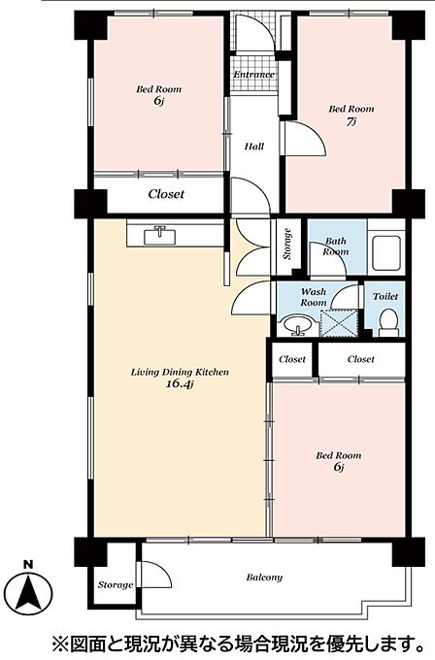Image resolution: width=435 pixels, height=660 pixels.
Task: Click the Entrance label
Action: click(254, 75)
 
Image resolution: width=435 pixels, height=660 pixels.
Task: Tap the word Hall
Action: click(254, 147)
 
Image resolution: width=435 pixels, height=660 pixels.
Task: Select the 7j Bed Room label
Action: click(351, 115)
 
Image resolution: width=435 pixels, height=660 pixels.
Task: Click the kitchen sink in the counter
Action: click(159, 236)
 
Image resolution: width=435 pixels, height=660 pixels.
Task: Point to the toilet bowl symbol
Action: click(388, 323)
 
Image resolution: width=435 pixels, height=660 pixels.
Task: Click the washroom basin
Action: click(299, 325)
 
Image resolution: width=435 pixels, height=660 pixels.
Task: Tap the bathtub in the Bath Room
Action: click(385, 253)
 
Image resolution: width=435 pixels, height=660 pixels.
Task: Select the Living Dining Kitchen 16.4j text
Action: click(180, 378)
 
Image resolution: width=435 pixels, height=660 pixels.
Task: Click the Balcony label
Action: click(264, 577)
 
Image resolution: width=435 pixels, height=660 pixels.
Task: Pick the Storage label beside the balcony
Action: click(116, 584)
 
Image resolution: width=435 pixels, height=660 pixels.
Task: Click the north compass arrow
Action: click(28, 593)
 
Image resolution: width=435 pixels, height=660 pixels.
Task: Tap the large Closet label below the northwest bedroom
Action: click(166, 194)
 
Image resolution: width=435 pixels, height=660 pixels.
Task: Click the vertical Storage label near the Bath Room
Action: click(287, 244)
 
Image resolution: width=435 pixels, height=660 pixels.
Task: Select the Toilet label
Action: click(385, 296)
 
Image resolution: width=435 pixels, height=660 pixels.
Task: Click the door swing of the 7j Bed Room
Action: click(305, 139)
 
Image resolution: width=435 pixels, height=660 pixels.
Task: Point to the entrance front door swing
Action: click(254, 33)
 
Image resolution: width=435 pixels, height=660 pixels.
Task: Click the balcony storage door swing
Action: click(155, 575)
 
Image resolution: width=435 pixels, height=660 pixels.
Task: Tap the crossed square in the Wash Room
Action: click(340, 323)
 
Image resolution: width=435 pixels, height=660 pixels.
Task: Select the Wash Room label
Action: click(314, 297)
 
